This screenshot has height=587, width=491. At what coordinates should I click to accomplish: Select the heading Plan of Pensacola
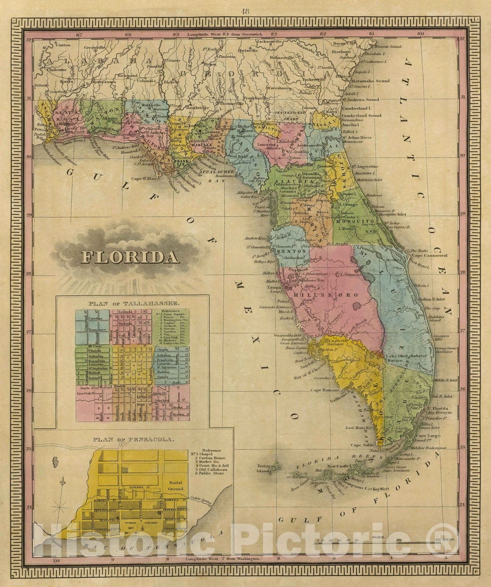(x=133, y=439)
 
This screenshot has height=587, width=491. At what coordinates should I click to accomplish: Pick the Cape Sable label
(x=362, y=445)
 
